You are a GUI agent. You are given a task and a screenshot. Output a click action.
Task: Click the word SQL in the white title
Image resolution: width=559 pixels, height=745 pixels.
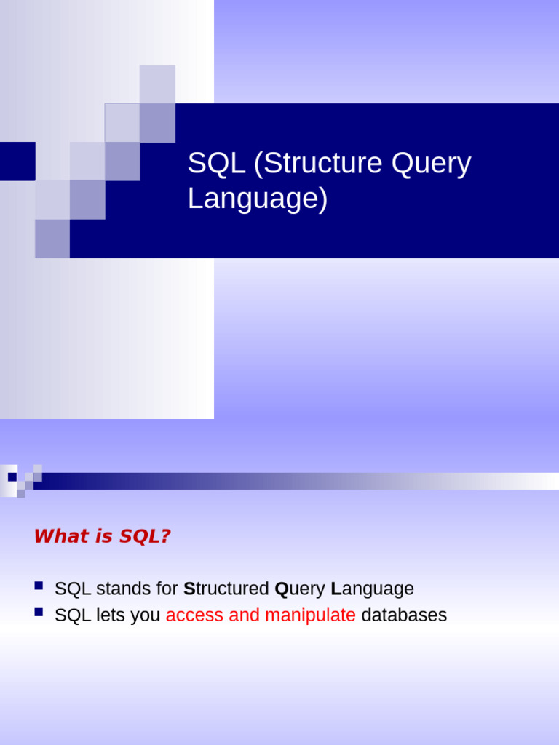point(216,163)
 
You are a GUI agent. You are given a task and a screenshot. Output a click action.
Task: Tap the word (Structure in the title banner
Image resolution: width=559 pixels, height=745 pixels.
point(318,164)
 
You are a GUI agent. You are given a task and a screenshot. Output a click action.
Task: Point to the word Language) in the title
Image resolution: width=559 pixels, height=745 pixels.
point(258,199)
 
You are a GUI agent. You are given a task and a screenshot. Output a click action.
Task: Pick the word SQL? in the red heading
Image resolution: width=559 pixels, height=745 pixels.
point(145,536)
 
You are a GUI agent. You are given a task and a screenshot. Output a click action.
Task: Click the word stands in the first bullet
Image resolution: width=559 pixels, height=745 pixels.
point(123,589)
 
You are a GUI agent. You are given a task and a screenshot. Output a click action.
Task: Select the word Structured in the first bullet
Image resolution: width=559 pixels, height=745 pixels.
point(226,589)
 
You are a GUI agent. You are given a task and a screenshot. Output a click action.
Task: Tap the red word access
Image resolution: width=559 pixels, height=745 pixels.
point(194,615)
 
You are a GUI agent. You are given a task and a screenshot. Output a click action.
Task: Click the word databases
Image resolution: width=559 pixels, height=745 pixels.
point(404,615)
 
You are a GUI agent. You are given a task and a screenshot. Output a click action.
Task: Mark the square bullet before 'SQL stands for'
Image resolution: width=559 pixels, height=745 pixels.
point(39,586)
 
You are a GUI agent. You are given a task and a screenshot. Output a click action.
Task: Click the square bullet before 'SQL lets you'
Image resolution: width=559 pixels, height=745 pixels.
point(39,613)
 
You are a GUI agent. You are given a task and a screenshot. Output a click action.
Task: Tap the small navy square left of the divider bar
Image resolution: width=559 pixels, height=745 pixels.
point(12,477)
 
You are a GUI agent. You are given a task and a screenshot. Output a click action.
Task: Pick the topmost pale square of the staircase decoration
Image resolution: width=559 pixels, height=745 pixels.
point(157,84)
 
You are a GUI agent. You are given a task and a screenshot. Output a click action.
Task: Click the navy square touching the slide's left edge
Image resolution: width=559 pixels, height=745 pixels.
point(17,161)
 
